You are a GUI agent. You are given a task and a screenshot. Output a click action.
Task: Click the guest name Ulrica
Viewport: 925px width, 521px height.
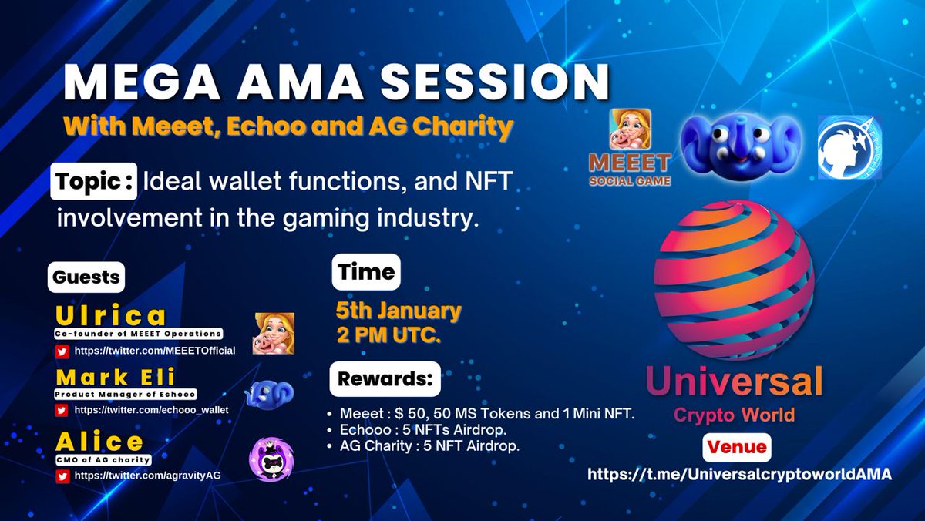coord(111,316)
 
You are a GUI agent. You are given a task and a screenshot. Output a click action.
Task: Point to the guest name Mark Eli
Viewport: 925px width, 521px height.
coord(116,377)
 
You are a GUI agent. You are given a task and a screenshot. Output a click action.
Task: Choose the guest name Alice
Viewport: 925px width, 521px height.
coord(99,442)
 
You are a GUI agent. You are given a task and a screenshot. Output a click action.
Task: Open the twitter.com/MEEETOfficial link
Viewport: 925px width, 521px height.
coord(154,351)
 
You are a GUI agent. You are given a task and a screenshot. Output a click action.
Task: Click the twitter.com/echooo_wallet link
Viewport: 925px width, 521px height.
coord(151,409)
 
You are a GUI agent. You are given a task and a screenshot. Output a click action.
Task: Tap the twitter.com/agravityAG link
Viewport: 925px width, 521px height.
coord(147,475)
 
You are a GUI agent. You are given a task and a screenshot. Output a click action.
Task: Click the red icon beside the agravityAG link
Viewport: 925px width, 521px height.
coord(62,475)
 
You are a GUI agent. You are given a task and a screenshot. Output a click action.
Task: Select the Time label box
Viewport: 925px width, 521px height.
coord(366,271)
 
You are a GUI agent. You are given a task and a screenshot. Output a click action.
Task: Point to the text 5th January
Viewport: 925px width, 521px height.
coord(398,311)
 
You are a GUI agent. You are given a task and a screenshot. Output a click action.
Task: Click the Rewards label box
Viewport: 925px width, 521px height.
coord(386,379)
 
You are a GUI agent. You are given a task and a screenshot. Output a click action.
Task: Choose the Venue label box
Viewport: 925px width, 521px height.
coord(737,447)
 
